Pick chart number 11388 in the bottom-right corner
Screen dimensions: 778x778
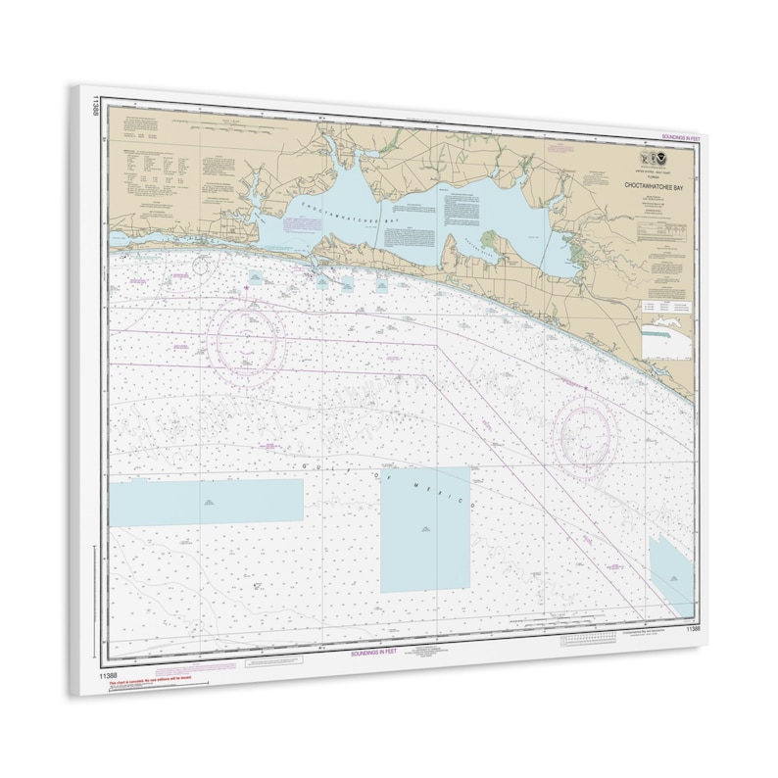[x=693, y=628]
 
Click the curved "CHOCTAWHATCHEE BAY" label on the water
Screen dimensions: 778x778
[x=343, y=209]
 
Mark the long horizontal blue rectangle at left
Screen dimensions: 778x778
[x=206, y=501]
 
